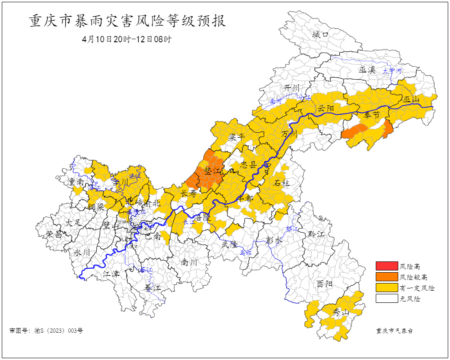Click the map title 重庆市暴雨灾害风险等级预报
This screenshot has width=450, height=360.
coord(127,21)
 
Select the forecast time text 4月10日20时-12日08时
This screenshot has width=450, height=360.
coord(126,39)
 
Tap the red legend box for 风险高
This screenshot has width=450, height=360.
coord(387,266)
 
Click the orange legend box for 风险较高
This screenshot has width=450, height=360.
coord(387,277)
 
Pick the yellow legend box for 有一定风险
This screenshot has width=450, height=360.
coord(387,288)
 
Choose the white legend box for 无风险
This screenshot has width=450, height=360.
coord(387,298)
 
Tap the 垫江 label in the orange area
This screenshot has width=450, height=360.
coord(213,171)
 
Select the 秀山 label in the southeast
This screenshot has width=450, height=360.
coord(341,313)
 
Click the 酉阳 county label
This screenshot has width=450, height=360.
coord(324,284)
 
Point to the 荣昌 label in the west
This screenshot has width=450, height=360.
coord(54,234)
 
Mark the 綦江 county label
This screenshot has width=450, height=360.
coord(152,287)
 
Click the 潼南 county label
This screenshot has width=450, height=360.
coord(75,182)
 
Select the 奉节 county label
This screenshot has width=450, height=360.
coord(372,115)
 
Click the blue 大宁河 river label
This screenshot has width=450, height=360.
coord(391,71)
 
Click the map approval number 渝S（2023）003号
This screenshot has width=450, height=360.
coord(46,331)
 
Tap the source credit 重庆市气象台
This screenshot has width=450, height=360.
coord(394,331)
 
